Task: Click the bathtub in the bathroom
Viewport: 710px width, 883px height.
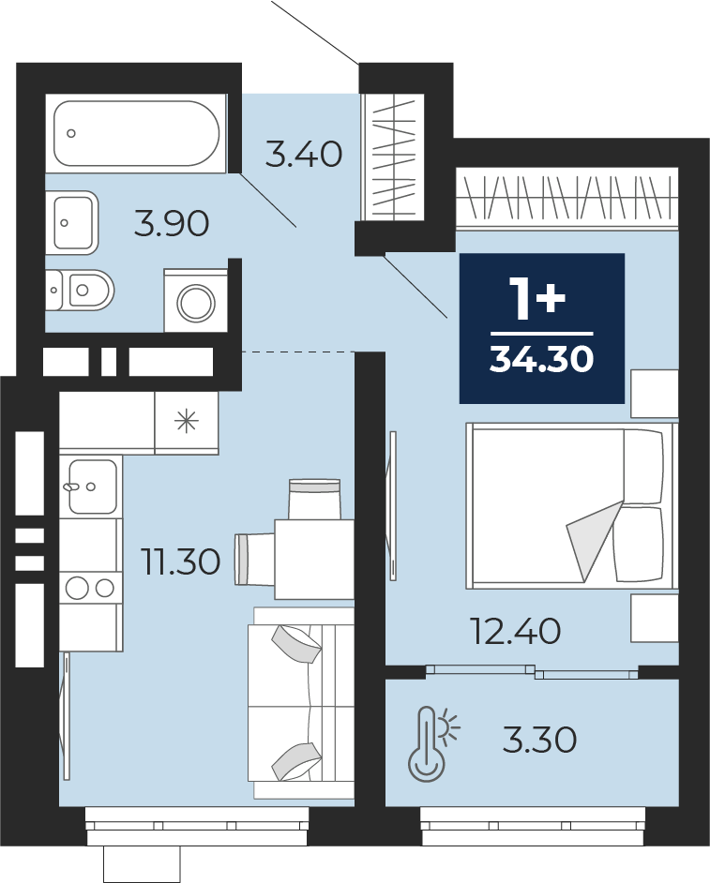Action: [x=136, y=133]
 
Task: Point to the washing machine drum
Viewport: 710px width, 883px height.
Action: [x=196, y=304]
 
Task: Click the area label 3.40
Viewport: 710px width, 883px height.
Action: [x=304, y=155]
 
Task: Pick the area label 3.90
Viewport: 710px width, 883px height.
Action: [x=172, y=224]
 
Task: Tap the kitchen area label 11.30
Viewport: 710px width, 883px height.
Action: [x=181, y=562]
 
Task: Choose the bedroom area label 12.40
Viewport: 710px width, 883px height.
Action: [x=516, y=631]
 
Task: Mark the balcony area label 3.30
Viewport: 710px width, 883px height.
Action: [x=540, y=740]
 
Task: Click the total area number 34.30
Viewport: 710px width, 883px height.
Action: [x=541, y=359]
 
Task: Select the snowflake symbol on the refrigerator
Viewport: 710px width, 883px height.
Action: [x=187, y=422]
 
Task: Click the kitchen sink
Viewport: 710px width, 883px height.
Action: [x=93, y=486]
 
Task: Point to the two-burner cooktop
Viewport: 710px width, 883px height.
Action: [x=90, y=589]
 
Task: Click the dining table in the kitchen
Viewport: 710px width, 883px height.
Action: [x=314, y=560]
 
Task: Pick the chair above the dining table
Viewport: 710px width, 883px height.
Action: [x=314, y=499]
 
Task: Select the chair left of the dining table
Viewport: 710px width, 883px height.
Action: [x=255, y=559]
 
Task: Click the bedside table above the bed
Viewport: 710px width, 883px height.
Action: [x=655, y=394]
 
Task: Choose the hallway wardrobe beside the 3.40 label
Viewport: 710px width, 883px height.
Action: [x=393, y=157]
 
